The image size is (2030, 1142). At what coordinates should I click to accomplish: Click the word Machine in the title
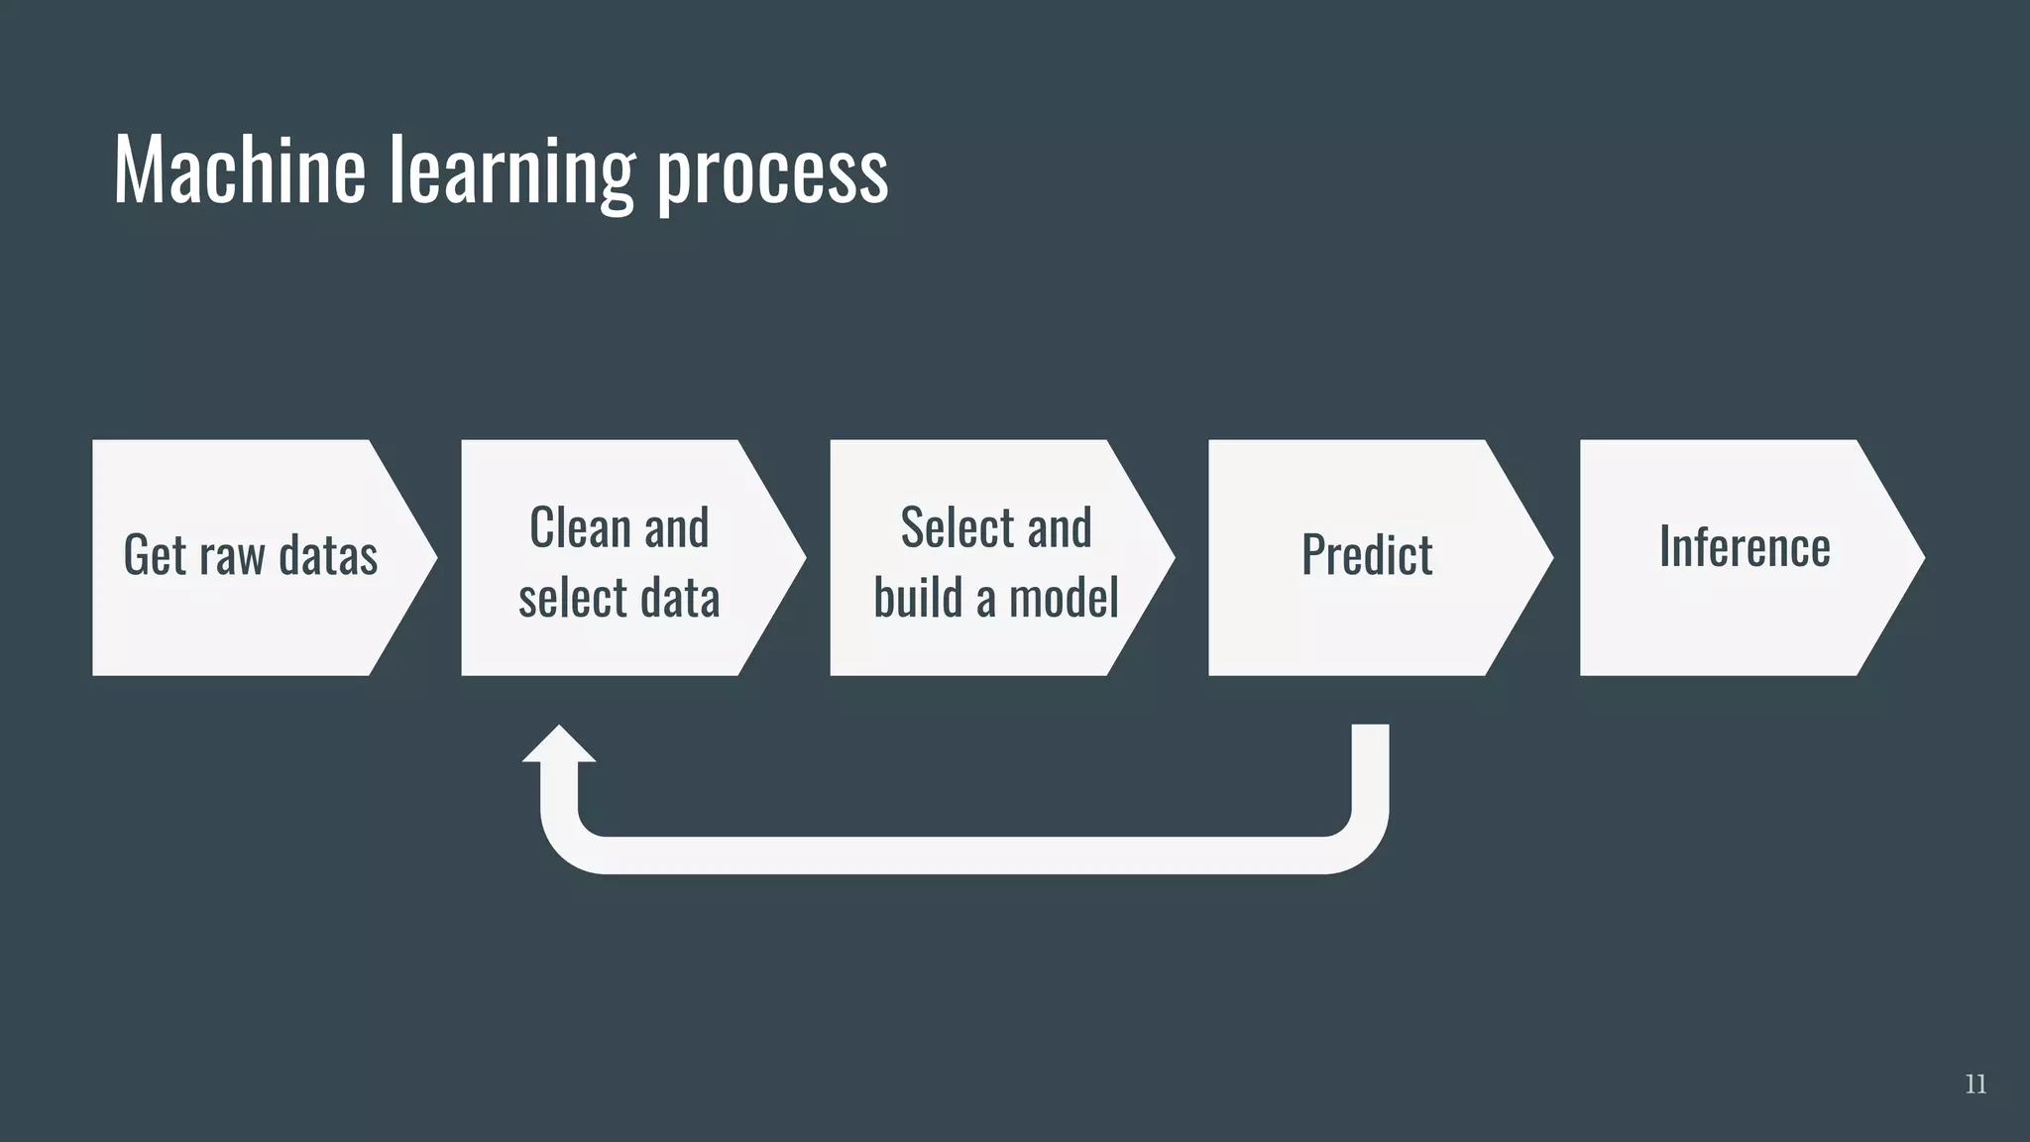pos(239,171)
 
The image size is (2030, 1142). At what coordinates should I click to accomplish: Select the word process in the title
pos(773,174)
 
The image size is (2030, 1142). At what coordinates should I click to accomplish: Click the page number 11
pos(1974,1085)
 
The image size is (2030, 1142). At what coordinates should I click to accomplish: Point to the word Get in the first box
pos(155,554)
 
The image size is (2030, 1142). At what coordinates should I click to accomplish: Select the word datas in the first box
pos(328,554)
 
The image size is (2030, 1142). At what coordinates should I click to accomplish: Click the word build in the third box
pos(917,598)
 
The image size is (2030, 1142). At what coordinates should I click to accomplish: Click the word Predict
pos(1367,554)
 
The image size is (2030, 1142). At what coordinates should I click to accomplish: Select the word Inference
pos(1745,546)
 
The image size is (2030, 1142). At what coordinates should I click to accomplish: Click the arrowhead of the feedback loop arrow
pos(559,744)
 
